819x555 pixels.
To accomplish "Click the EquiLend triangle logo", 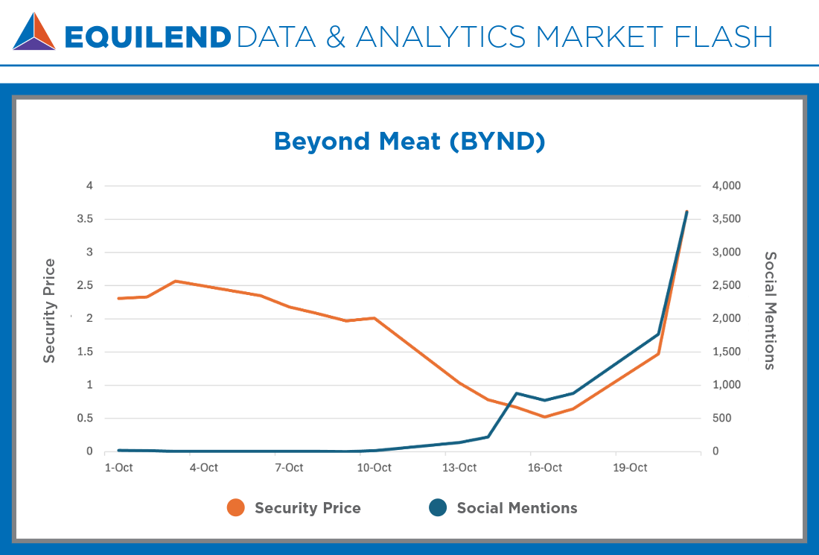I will tap(34, 31).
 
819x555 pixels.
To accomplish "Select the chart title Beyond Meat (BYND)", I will tap(409, 141).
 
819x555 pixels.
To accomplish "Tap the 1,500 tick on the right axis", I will tap(725, 352).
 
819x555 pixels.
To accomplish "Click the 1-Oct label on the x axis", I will tap(118, 468).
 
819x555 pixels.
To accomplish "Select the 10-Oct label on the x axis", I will tap(374, 468).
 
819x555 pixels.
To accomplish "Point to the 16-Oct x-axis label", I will tap(545, 468).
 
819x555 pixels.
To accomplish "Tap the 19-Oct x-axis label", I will tap(630, 468).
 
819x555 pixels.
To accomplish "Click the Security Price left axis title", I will tap(49, 311).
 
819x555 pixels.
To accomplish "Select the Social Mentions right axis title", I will tap(770, 310).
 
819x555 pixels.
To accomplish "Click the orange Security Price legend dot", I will tap(236, 508).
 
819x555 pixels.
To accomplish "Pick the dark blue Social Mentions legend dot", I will tap(438, 508).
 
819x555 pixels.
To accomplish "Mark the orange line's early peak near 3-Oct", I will tap(175, 281).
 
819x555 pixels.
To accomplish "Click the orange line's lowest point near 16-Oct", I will tap(545, 416).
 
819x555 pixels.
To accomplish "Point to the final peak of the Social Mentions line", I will tap(686, 212).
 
